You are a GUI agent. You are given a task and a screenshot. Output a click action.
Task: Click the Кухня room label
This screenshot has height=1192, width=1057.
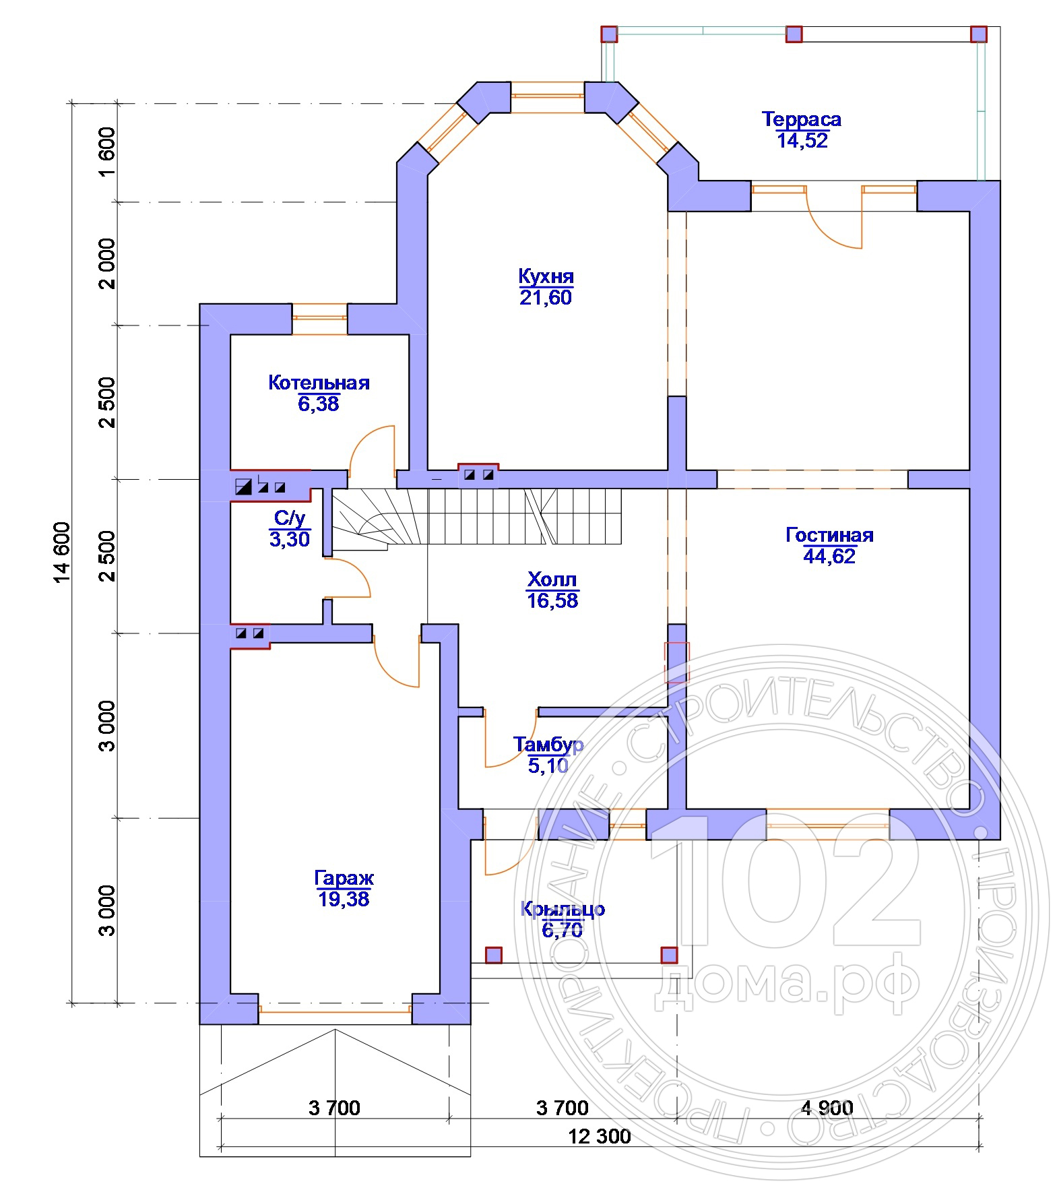546,276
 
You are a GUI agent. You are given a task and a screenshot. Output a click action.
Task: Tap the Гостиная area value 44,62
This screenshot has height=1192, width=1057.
829,557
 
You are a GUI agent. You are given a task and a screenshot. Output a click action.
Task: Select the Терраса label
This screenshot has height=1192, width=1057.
801,119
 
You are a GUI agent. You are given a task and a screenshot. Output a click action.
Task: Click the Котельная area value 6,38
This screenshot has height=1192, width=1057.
318,404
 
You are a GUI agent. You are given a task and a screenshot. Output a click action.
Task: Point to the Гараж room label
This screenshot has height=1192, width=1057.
344,878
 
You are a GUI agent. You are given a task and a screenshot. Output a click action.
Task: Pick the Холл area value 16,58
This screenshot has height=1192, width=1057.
552,600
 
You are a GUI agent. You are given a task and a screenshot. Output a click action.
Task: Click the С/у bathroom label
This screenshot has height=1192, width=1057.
290,518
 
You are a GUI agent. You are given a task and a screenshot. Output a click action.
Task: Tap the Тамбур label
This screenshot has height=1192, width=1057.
548,745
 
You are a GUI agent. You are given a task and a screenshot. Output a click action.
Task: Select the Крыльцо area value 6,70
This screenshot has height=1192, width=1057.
562,930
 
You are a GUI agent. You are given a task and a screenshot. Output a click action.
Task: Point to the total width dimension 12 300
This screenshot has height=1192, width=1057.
600,1136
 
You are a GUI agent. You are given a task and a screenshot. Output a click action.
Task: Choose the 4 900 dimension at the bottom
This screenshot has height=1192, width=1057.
827,1107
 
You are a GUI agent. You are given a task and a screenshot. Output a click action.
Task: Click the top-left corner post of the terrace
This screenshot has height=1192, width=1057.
609,34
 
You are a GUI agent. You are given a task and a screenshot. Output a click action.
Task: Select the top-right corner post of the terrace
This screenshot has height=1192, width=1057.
978,34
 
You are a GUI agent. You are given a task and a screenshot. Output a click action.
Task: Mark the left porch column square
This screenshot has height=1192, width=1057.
494,955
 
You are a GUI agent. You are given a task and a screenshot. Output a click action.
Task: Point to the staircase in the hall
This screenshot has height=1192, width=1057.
478,516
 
